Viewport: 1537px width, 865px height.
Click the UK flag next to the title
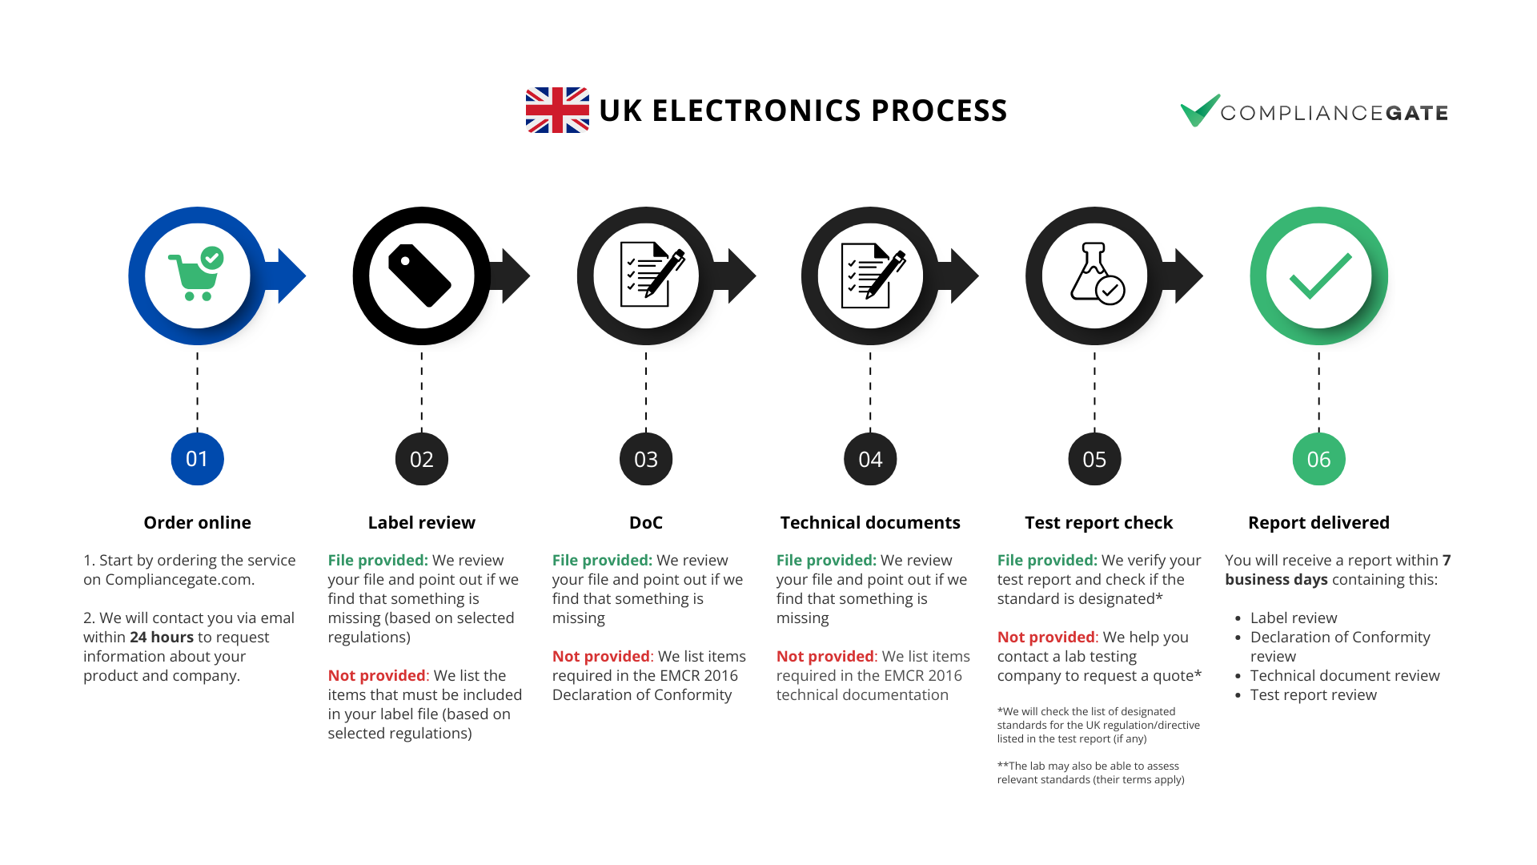(557, 110)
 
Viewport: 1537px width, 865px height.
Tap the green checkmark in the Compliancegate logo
(1199, 111)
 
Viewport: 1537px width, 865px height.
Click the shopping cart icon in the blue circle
(195, 274)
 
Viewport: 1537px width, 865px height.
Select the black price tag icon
(419, 276)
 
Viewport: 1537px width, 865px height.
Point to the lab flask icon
(1097, 273)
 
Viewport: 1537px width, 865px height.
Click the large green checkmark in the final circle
(1320, 276)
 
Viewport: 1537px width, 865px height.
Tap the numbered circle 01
(197, 459)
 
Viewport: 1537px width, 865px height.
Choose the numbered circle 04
(870, 459)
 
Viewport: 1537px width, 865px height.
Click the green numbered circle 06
(1318, 459)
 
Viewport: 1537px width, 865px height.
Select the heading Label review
(421, 523)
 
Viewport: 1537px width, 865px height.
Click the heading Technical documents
(870, 523)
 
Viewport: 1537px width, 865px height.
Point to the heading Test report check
(1098, 523)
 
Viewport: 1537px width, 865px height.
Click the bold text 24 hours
(162, 637)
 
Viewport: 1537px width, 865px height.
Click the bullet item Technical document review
(1345, 675)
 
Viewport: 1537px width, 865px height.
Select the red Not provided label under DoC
(601, 656)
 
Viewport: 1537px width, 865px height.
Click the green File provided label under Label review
(378, 560)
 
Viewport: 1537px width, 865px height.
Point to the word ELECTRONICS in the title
(756, 111)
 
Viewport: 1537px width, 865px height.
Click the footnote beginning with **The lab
(1090, 773)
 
